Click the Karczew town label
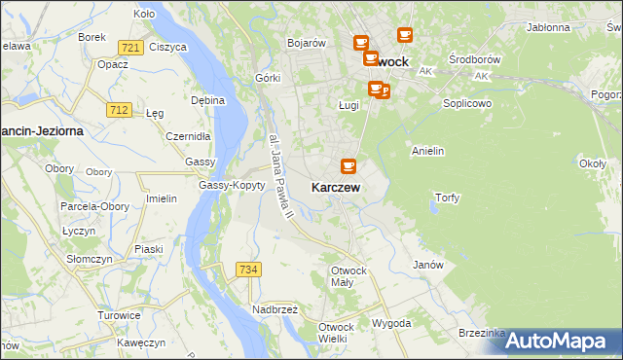[x=337, y=187]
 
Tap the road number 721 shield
[x=130, y=48]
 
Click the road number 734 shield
[x=248, y=269]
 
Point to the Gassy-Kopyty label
[x=232, y=185]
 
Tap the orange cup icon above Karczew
[x=348, y=166]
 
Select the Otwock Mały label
[x=348, y=276]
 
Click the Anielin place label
[x=428, y=151]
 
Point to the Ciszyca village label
[x=168, y=47]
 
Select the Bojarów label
[x=305, y=43]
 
